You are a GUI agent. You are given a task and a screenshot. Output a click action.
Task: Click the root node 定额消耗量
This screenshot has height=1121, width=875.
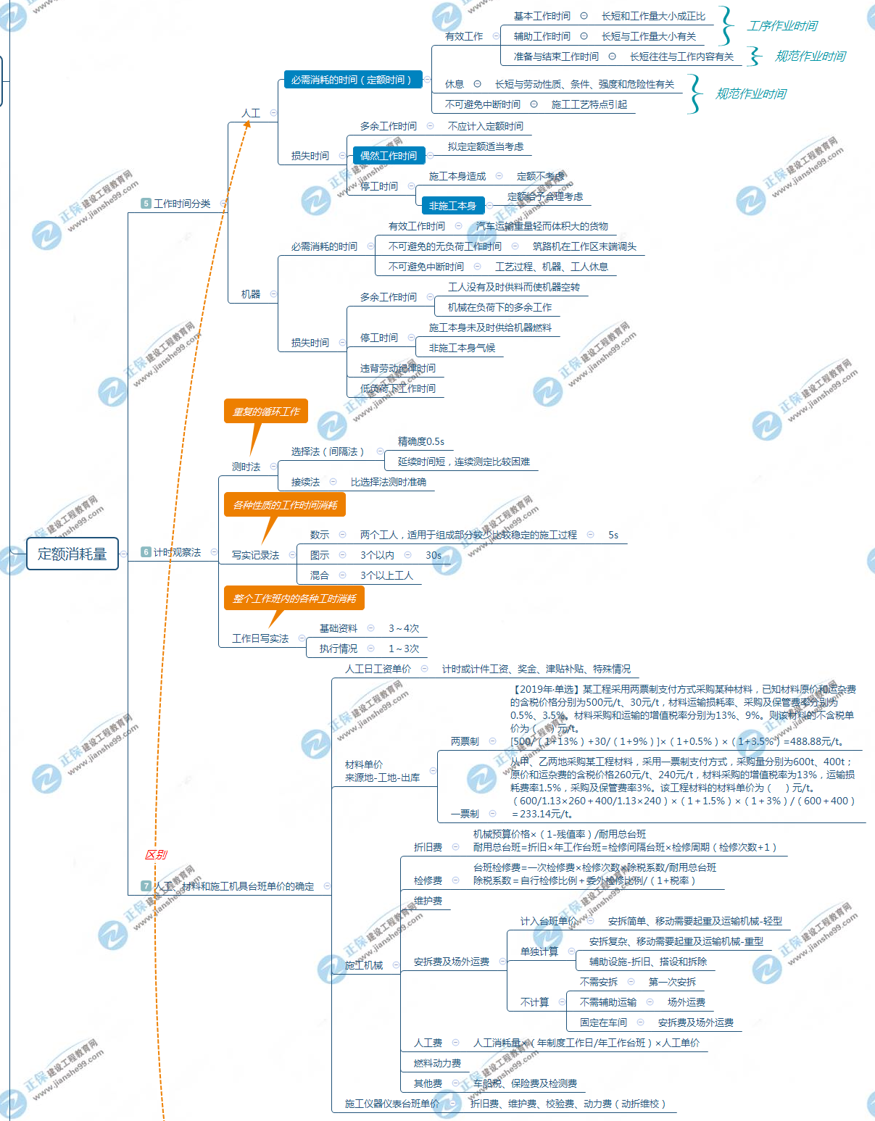click(72, 554)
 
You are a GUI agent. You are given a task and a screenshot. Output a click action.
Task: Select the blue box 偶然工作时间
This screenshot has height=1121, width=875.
click(389, 156)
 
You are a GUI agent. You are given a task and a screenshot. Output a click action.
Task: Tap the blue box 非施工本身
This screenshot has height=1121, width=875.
click(452, 206)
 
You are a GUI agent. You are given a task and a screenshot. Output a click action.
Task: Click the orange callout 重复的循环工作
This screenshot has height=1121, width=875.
click(266, 412)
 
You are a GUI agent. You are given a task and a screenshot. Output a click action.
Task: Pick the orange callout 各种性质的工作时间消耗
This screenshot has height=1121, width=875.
click(285, 505)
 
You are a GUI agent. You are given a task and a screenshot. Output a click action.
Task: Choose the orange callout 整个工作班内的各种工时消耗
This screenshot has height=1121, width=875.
click(294, 599)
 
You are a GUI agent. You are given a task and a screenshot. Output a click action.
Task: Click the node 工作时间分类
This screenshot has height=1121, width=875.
click(181, 204)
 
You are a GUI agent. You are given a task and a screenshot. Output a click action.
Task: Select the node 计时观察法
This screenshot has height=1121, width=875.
click(176, 552)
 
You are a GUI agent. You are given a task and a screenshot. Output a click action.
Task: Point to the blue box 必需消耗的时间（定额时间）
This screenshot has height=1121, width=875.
click(351, 80)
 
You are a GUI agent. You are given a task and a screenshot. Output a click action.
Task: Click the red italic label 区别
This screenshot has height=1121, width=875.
click(156, 854)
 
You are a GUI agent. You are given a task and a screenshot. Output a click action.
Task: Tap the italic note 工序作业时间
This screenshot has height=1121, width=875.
click(782, 26)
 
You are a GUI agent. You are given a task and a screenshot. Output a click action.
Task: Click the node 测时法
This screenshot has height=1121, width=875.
click(246, 467)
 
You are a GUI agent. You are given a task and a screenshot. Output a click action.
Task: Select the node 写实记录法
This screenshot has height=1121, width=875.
click(255, 555)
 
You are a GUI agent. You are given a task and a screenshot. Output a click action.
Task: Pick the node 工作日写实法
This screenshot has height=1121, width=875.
click(260, 638)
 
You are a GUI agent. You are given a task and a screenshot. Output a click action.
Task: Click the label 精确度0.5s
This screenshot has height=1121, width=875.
click(420, 441)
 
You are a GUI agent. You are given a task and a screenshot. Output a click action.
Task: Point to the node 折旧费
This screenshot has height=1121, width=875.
click(428, 847)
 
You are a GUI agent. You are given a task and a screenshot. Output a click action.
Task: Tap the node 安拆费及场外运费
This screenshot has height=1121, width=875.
click(451, 962)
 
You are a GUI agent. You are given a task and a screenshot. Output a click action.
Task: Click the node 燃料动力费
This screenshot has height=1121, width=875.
click(437, 1063)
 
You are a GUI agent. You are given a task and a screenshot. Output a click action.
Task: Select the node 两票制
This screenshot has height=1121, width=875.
click(465, 741)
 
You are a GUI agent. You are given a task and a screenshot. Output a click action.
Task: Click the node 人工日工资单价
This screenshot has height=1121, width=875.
click(378, 669)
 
